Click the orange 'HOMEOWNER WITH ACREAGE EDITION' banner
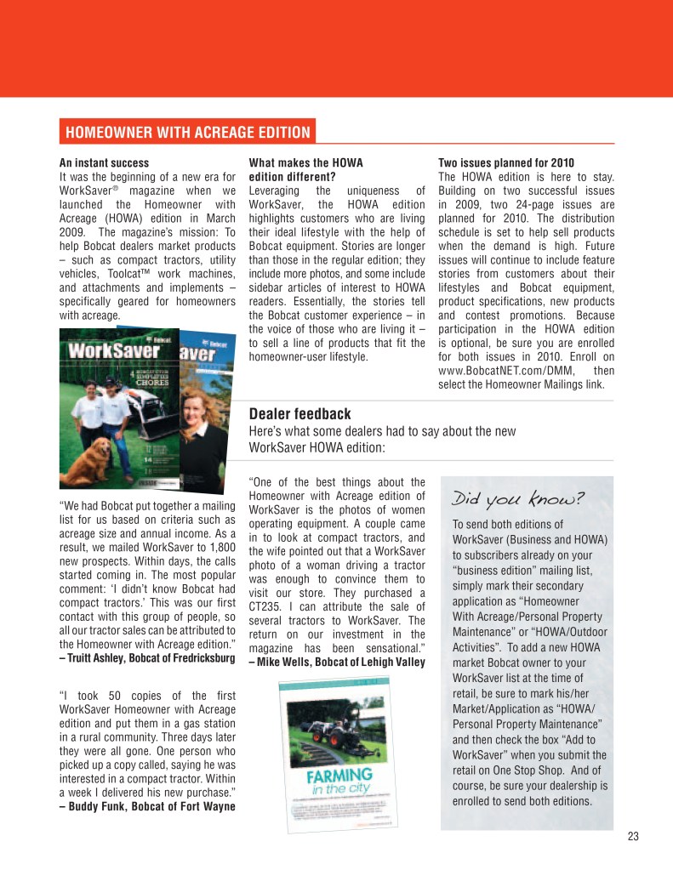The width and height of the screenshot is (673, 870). [188, 133]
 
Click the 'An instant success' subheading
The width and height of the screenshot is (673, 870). [104, 162]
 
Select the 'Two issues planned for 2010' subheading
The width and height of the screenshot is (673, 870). [505, 162]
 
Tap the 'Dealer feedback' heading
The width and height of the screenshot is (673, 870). [299, 414]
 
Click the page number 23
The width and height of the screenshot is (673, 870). [632, 836]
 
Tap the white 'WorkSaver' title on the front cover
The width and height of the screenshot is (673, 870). [113, 350]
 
